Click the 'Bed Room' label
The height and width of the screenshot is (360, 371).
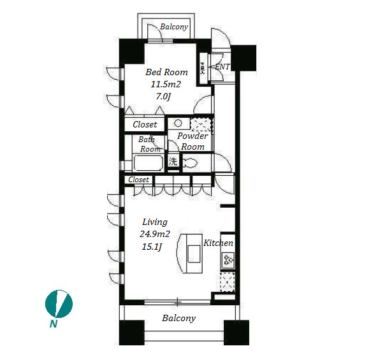(166, 72)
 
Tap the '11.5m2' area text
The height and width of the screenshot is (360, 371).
(166, 84)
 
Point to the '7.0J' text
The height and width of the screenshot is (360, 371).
(163, 96)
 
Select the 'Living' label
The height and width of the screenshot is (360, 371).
(155, 222)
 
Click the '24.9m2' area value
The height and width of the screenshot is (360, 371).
(155, 234)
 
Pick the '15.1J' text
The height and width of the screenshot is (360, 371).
(152, 247)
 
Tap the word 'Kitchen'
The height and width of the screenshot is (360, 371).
(218, 243)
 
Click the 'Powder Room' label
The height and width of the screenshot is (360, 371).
(193, 141)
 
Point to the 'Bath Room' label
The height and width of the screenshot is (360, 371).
(150, 144)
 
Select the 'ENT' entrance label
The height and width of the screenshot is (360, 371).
(222, 67)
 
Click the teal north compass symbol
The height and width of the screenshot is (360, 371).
(59, 304)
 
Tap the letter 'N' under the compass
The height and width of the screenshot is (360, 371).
(54, 324)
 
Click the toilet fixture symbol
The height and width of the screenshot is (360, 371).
(191, 162)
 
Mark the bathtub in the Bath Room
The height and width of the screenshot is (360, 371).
(148, 162)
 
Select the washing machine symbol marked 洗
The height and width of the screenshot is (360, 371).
(173, 161)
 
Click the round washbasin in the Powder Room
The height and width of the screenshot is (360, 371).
(178, 123)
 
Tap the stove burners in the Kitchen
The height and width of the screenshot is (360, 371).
(228, 259)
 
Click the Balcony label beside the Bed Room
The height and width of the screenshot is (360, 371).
(174, 27)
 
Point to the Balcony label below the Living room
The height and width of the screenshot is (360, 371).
(179, 318)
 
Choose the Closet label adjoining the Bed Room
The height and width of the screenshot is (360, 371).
(145, 124)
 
